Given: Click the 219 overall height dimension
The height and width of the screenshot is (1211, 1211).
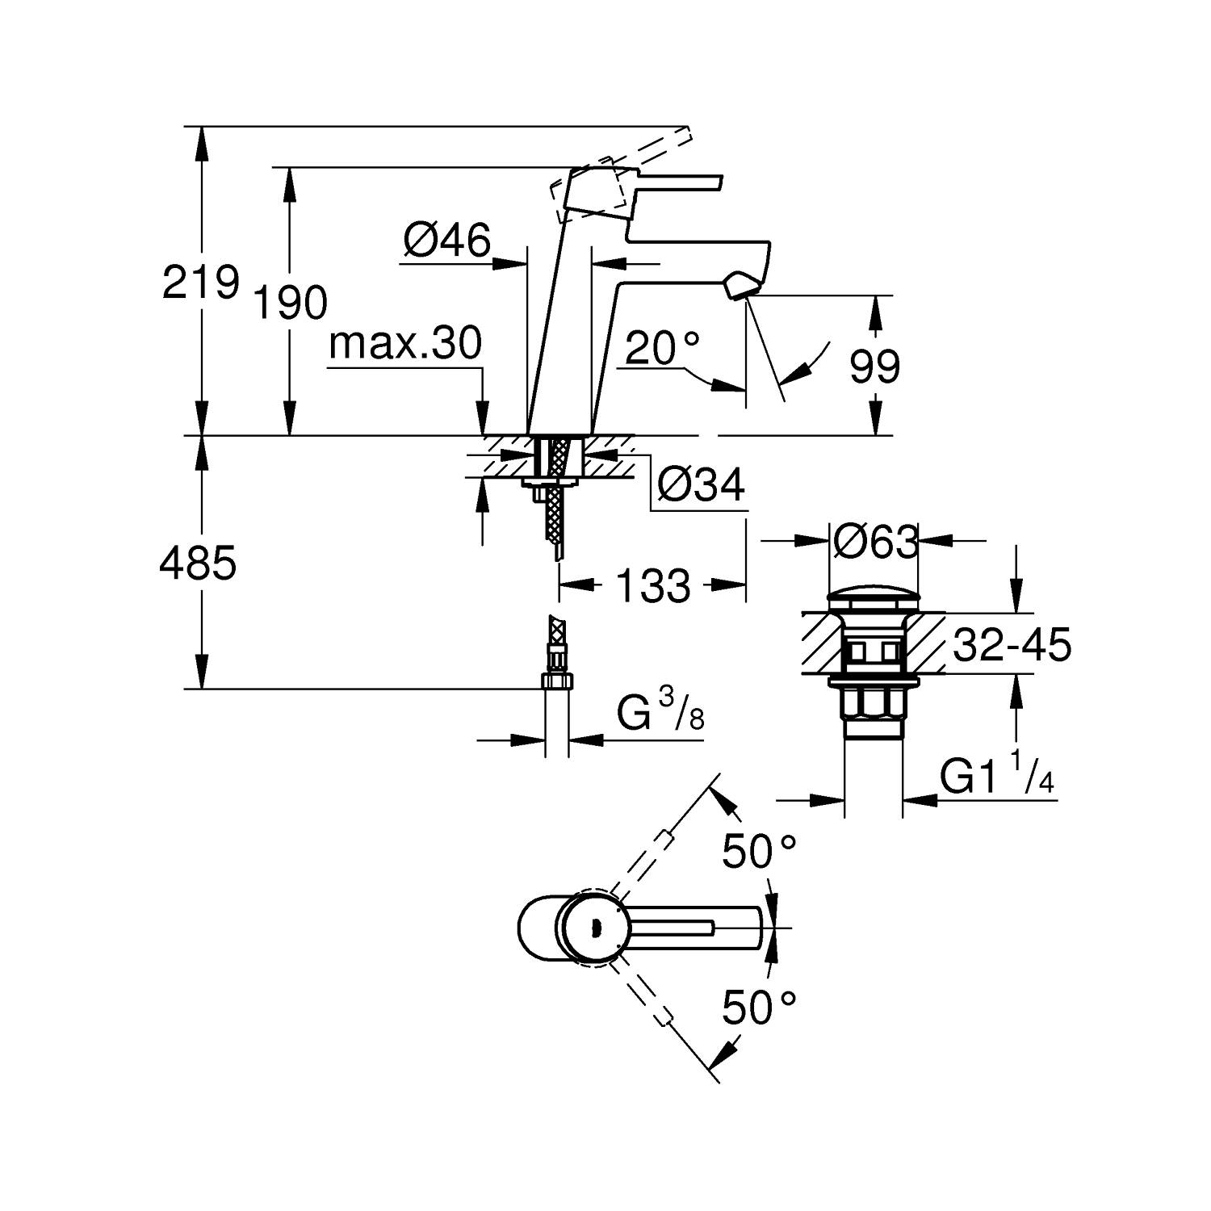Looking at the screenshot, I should (201, 282).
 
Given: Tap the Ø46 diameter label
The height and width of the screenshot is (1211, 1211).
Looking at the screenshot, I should (446, 240).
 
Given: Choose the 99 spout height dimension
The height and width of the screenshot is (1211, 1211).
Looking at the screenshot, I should (874, 367).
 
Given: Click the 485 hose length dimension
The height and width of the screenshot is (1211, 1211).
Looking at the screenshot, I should (198, 563).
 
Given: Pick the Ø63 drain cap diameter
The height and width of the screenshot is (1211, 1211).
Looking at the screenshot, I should (875, 542).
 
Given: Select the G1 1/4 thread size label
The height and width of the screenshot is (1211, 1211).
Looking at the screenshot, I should (997, 777).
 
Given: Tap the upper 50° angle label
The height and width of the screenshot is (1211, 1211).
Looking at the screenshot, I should (759, 851).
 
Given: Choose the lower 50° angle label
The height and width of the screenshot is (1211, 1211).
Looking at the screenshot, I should (759, 1007).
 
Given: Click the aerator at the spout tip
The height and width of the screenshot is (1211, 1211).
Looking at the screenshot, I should (742, 287).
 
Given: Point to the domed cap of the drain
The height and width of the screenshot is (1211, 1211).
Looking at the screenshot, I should (874, 599).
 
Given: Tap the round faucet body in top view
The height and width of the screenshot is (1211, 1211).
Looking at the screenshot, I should (595, 928).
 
